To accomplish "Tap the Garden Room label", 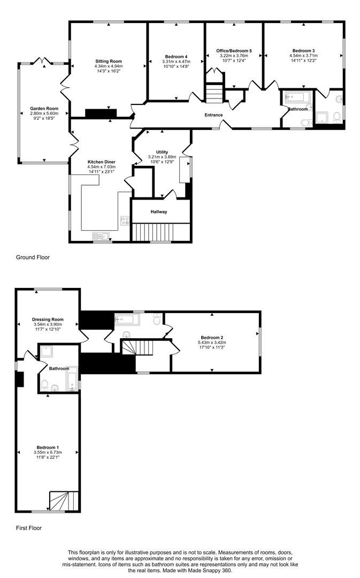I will [44, 109].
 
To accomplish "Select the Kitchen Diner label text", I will [101, 162].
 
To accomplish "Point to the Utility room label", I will [162, 152].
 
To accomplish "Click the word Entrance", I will [213, 115].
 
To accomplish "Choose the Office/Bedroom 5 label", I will [234, 51].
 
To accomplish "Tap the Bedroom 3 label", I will [303, 50].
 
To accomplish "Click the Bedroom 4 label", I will [176, 57].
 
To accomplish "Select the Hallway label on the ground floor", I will [159, 212].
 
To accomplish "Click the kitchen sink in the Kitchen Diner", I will [100, 236].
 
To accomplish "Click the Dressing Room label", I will [48, 320].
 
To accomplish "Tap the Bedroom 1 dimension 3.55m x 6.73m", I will [48, 453].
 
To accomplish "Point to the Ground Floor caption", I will [33, 257].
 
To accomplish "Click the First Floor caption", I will [28, 528].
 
